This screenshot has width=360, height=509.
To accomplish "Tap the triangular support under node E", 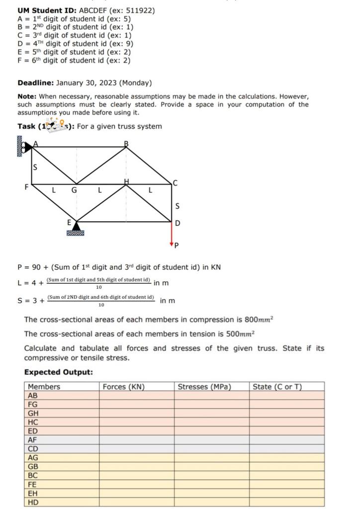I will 76,228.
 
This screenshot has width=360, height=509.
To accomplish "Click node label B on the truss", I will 126,144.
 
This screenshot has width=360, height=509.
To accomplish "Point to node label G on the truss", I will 74,190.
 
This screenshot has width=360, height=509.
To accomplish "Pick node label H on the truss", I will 126,182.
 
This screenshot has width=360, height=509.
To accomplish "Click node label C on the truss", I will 175,183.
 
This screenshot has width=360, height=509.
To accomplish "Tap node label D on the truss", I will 178,223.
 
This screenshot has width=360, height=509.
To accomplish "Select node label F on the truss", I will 26,187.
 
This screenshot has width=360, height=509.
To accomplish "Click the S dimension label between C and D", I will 178,205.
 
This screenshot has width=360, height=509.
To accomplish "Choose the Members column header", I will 44,387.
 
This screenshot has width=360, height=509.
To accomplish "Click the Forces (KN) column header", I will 123,387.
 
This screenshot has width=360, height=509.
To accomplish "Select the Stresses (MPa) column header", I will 204,387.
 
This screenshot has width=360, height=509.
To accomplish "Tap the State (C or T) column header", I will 277,387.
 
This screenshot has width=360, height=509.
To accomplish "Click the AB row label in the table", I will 33,396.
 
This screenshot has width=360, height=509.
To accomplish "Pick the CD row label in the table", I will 33,449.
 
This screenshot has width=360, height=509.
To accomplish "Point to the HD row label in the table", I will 33,502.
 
